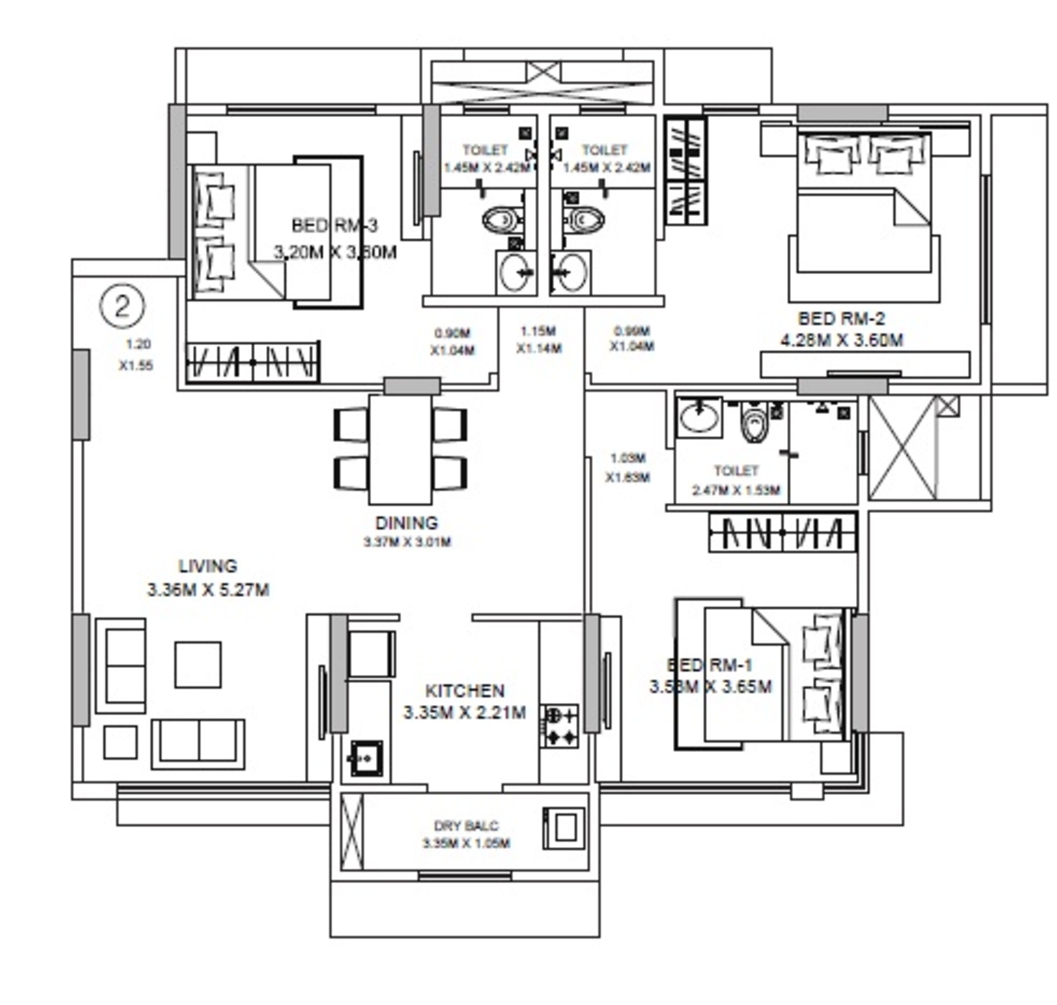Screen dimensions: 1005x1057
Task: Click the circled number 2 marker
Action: tap(122, 306)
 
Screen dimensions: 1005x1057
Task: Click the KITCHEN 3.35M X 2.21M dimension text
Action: tap(464, 713)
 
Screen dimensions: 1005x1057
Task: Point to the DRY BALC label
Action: tap(465, 826)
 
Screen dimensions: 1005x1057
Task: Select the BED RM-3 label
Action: tap(335, 225)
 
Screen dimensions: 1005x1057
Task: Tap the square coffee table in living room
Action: tap(198, 664)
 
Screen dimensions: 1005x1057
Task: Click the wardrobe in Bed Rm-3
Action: tap(253, 363)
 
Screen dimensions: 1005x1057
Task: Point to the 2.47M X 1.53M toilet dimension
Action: tap(736, 490)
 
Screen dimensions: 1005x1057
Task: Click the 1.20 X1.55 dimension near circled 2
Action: tap(137, 355)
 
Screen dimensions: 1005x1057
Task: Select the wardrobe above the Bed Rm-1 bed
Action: tap(783, 533)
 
